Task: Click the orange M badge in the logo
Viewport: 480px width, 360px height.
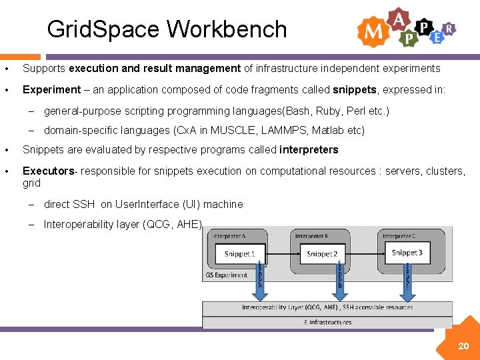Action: click(372, 31)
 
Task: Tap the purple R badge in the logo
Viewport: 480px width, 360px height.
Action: click(450, 28)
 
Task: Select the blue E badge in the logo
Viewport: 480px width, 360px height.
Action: click(437, 38)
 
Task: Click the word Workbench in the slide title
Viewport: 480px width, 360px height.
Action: click(227, 29)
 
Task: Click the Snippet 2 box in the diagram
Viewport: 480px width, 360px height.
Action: click(322, 254)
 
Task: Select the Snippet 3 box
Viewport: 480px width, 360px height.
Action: click(407, 253)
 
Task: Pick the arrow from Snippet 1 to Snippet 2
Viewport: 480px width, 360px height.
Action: click(280, 254)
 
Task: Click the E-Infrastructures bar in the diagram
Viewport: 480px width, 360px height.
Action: click(327, 323)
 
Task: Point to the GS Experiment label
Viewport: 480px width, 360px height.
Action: click(227, 275)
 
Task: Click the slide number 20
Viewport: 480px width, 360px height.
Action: click(463, 346)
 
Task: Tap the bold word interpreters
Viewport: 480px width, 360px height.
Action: click(309, 150)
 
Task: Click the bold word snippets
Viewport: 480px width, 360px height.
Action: click(355, 90)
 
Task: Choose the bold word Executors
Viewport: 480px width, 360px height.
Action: click(48, 171)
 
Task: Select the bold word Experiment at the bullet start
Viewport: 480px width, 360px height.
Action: click(51, 90)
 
